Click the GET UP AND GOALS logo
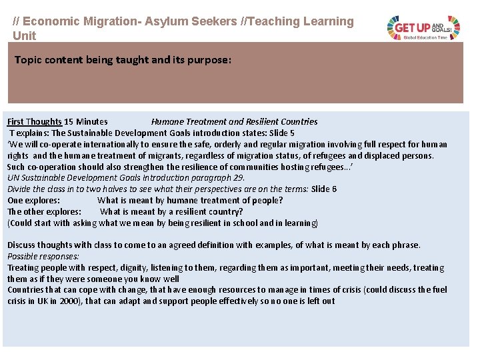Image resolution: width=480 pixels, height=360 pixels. (424, 27)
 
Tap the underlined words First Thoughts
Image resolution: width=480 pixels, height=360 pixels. (34, 121)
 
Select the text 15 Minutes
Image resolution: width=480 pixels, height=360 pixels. (86, 121)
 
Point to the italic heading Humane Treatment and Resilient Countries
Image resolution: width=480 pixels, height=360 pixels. (234, 121)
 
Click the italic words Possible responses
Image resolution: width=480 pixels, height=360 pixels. (43, 256)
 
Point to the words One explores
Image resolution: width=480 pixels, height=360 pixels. (34, 200)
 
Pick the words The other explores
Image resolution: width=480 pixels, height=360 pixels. (44, 211)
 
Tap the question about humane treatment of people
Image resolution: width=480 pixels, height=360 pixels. (190, 200)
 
